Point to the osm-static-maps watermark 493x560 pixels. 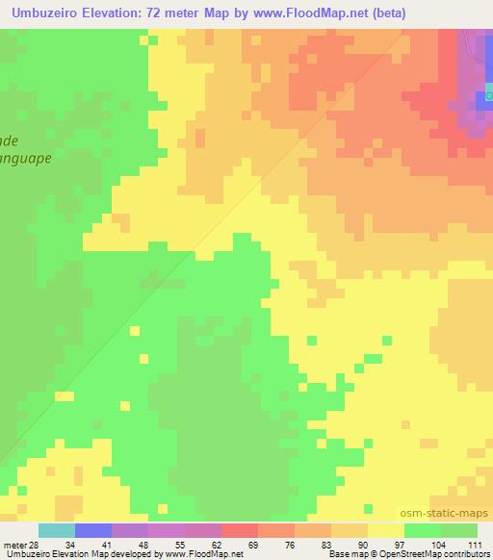pyautogui.click(x=451, y=515)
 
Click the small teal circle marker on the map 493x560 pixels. pyautogui.click(x=489, y=95)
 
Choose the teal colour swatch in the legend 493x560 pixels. pyautogui.click(x=57, y=530)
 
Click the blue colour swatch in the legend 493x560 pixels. pyautogui.click(x=93, y=530)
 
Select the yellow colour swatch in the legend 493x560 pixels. pyautogui.click(x=385, y=530)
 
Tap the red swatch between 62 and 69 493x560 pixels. pyautogui.click(x=239, y=530)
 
